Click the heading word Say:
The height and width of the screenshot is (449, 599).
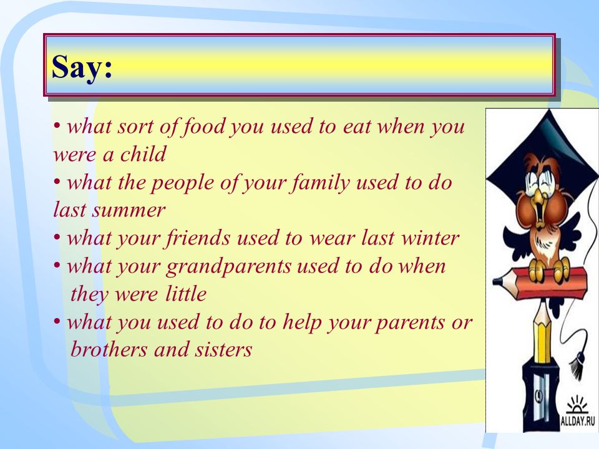pyautogui.click(x=82, y=67)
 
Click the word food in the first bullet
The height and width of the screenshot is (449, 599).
pyautogui.click(x=203, y=127)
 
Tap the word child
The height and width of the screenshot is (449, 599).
pyautogui.click(x=144, y=154)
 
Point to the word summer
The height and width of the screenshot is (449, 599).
pyautogui.click(x=129, y=211)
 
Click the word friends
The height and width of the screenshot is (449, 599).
pyautogui.click(x=198, y=238)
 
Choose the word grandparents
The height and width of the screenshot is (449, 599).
pyautogui.click(x=228, y=266)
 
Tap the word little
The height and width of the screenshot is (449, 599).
pyautogui.click(x=186, y=294)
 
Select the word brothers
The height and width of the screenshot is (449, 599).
pyautogui.click(x=109, y=349)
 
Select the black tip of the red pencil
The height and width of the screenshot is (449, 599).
pyautogui.click(x=497, y=281)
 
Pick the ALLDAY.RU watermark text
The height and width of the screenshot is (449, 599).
pyautogui.click(x=578, y=422)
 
